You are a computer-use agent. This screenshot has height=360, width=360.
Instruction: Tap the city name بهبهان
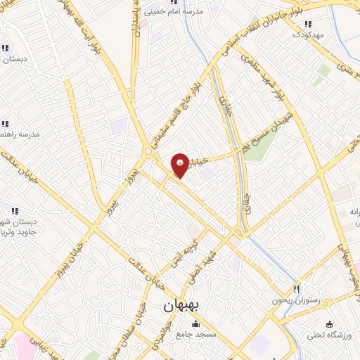point(181,307)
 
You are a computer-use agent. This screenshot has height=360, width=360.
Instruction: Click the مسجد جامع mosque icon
point(195,324)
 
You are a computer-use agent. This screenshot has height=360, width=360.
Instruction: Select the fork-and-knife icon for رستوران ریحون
point(296,289)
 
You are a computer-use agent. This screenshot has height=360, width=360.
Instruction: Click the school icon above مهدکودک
point(307,23)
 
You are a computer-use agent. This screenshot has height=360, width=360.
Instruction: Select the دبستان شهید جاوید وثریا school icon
point(14,209)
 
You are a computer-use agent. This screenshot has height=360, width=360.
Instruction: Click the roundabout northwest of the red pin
point(149,150)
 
